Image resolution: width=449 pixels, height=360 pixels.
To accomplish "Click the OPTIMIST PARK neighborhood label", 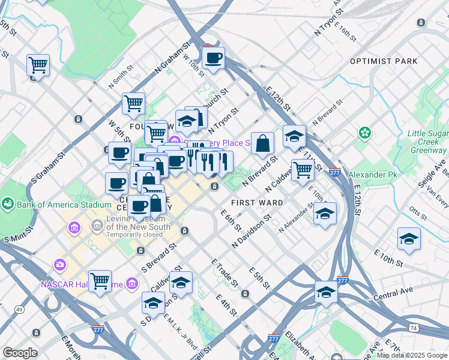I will [383, 61].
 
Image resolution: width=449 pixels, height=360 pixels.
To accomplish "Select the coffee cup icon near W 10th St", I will [213, 59].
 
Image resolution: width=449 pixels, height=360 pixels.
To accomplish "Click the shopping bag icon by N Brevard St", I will [263, 143].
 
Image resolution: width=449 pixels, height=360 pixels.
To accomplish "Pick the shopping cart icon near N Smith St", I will [133, 103].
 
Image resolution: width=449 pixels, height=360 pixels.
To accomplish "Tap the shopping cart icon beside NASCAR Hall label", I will [100, 280].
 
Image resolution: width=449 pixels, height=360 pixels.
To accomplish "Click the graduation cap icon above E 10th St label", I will [409, 238].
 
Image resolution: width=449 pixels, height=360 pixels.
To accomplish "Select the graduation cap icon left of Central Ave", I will [326, 292].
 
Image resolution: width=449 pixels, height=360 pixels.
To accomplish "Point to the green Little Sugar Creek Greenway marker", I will [364, 132].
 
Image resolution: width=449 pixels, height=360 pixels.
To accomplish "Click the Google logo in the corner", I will [19, 353].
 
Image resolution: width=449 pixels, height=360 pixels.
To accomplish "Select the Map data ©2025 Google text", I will [412, 355].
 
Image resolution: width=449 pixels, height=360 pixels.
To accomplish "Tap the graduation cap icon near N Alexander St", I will [324, 214].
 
